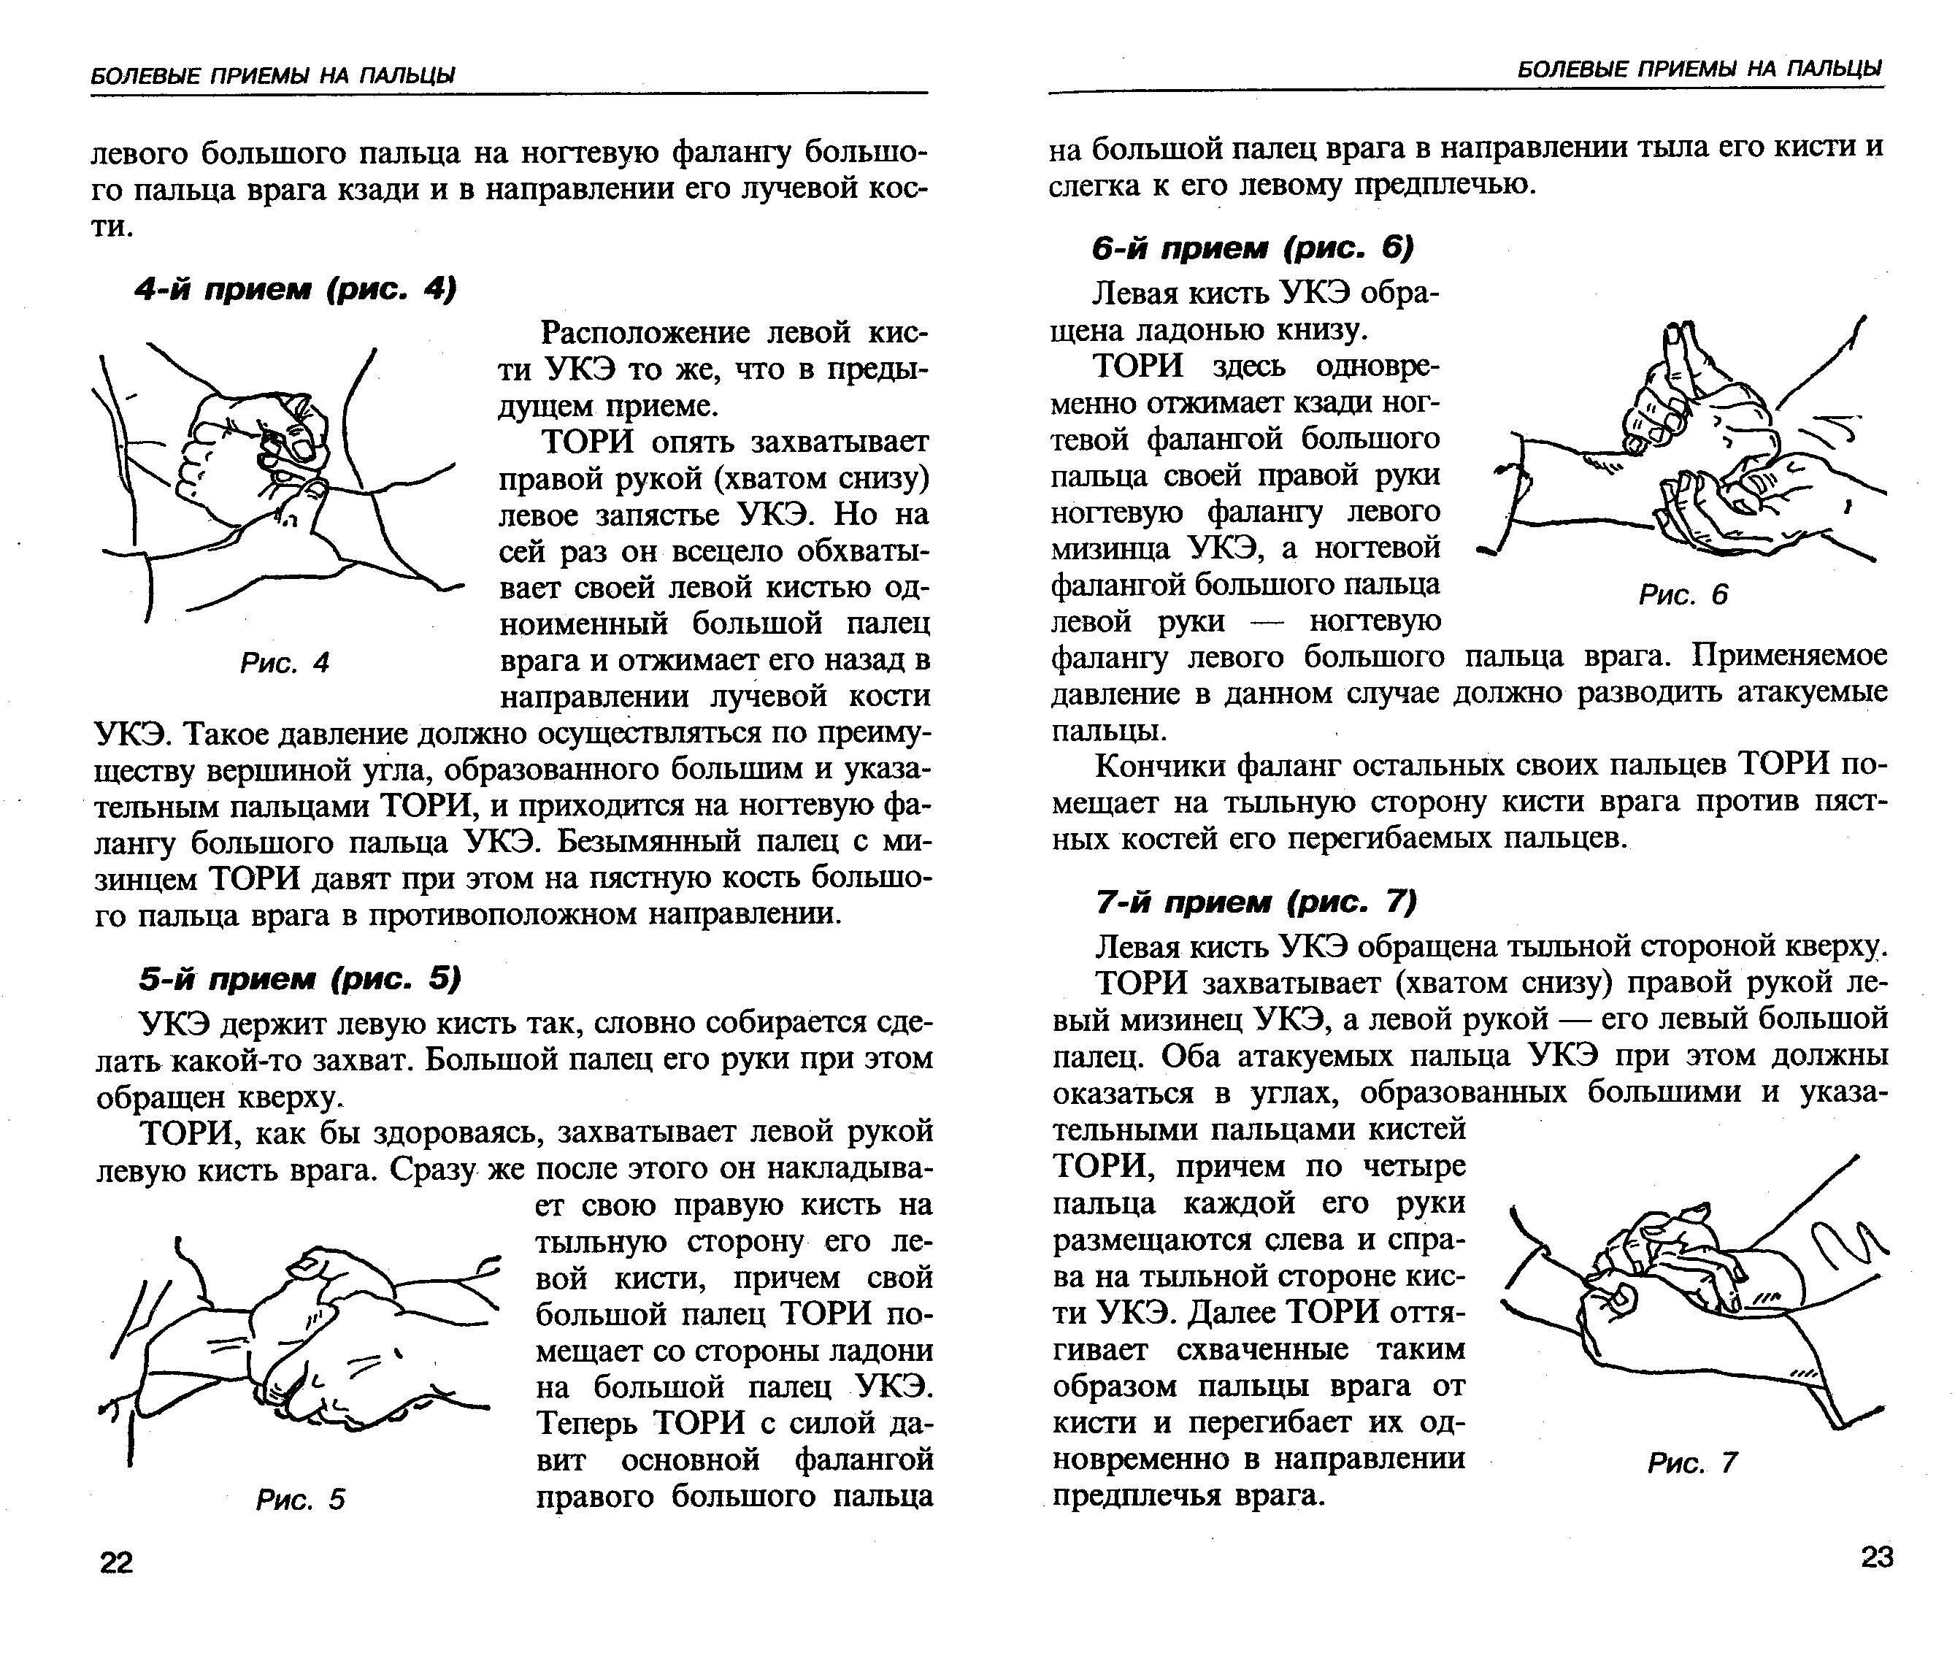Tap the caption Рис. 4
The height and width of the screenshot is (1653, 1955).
pyautogui.click(x=285, y=664)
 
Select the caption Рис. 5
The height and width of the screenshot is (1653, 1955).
pyautogui.click(x=300, y=1500)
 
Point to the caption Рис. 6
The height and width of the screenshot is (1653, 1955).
pyautogui.click(x=1683, y=594)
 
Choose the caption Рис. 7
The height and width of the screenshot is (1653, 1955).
pyautogui.click(x=1691, y=1462)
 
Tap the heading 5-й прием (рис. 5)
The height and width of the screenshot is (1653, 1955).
pyautogui.click(x=300, y=979)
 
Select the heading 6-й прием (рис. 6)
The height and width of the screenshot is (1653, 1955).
pyautogui.click(x=1253, y=248)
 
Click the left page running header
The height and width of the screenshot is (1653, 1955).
pyautogui.click(x=272, y=75)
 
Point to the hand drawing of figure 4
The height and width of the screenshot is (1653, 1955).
pyautogui.click(x=277, y=478)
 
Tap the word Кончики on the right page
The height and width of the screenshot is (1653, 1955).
pyautogui.click(x=1160, y=767)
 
